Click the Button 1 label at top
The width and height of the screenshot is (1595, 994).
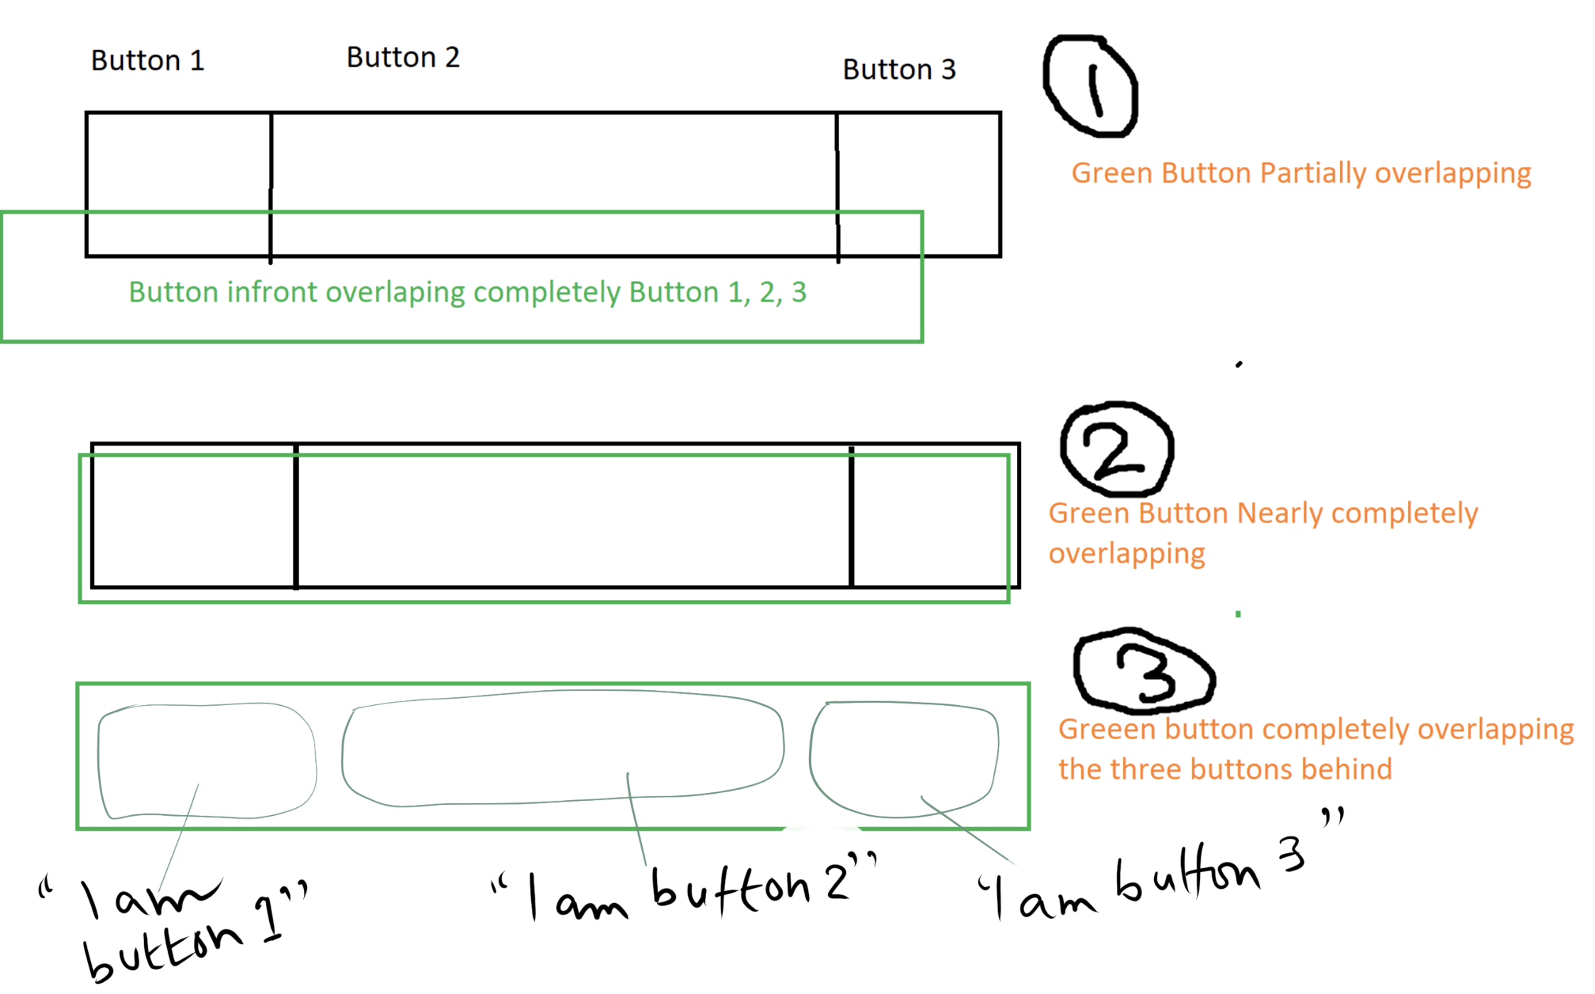pos(148,61)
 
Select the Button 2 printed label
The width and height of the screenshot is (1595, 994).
pos(403,58)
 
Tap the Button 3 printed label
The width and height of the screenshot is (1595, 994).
pos(899,70)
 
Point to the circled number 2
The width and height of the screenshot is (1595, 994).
pos(1116,449)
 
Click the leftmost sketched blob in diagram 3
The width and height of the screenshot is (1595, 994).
pos(206,760)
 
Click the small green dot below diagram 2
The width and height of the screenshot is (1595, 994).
pos(1238,614)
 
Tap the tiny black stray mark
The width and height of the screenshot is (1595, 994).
pos(1239,364)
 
